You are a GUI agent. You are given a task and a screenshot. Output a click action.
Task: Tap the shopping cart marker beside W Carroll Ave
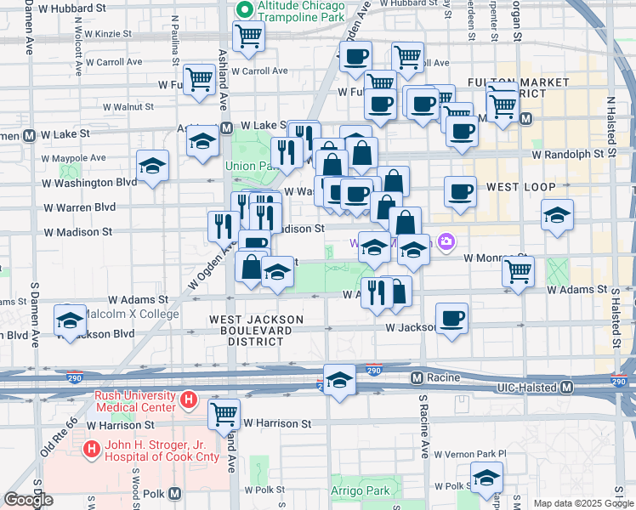(x=249, y=36)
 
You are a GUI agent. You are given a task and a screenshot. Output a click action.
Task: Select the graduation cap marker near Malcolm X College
(x=70, y=320)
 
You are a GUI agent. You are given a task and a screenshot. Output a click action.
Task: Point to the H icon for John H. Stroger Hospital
(x=90, y=447)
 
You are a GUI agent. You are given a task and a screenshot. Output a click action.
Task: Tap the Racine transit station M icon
(x=417, y=377)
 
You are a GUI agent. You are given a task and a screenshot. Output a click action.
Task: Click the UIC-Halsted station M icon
(x=567, y=388)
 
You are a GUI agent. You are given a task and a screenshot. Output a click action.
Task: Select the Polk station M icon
(x=175, y=493)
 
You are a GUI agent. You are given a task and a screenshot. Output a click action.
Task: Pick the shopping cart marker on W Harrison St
(x=224, y=415)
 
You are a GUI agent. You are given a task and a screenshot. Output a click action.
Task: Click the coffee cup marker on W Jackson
(x=452, y=318)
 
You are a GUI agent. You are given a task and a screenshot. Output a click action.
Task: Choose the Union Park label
(x=247, y=166)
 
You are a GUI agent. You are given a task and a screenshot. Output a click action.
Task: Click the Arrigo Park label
(x=361, y=490)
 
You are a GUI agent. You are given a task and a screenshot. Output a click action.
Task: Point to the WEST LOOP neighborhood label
(x=520, y=186)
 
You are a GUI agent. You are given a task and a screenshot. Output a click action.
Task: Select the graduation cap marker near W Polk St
(x=486, y=478)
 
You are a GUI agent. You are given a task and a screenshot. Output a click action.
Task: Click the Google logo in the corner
(x=28, y=500)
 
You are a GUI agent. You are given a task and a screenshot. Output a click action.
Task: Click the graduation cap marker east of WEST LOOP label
(x=557, y=215)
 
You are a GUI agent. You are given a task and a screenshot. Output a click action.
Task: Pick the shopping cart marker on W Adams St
(x=518, y=271)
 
